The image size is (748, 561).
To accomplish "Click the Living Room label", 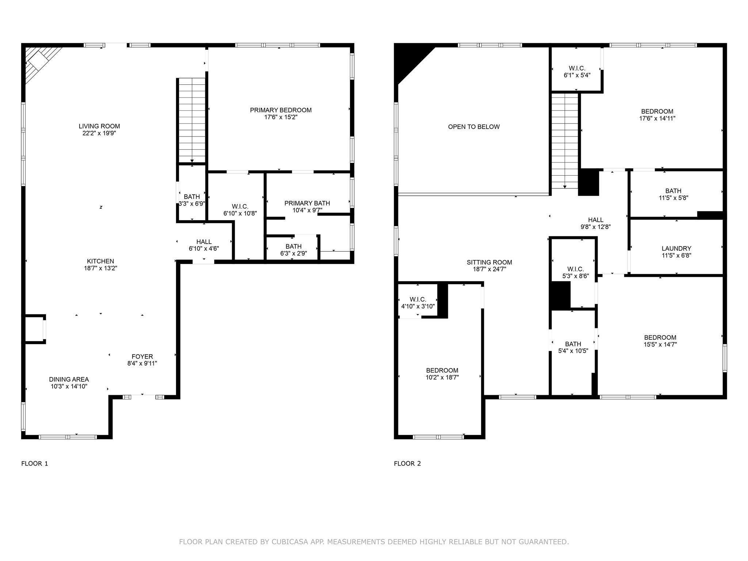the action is pyautogui.click(x=99, y=126).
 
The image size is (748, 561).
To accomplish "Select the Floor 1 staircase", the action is pyautogui.click(x=192, y=120).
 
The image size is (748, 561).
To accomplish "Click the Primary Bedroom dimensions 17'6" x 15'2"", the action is pyautogui.click(x=281, y=117).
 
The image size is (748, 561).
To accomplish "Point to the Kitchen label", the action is pyautogui.click(x=100, y=261).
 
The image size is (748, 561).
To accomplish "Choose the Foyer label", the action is pyautogui.click(x=142, y=356).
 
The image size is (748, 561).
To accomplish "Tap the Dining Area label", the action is pyautogui.click(x=69, y=379).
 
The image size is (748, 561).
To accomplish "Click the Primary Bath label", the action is pyautogui.click(x=307, y=203).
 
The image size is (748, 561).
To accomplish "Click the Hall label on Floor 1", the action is pyautogui.click(x=204, y=242).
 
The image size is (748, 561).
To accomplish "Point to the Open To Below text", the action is pyautogui.click(x=474, y=127).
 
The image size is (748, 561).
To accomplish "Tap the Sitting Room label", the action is pyautogui.click(x=489, y=262).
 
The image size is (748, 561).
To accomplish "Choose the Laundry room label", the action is pyautogui.click(x=676, y=248).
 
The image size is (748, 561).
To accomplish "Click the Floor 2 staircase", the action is pyautogui.click(x=565, y=141).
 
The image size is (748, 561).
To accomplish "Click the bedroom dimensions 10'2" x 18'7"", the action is pyautogui.click(x=442, y=377).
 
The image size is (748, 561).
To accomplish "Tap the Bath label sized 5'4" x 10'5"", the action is pyautogui.click(x=573, y=344).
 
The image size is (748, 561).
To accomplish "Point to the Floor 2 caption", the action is pyautogui.click(x=407, y=463).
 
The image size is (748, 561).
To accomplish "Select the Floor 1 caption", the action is pyautogui.click(x=35, y=463).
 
